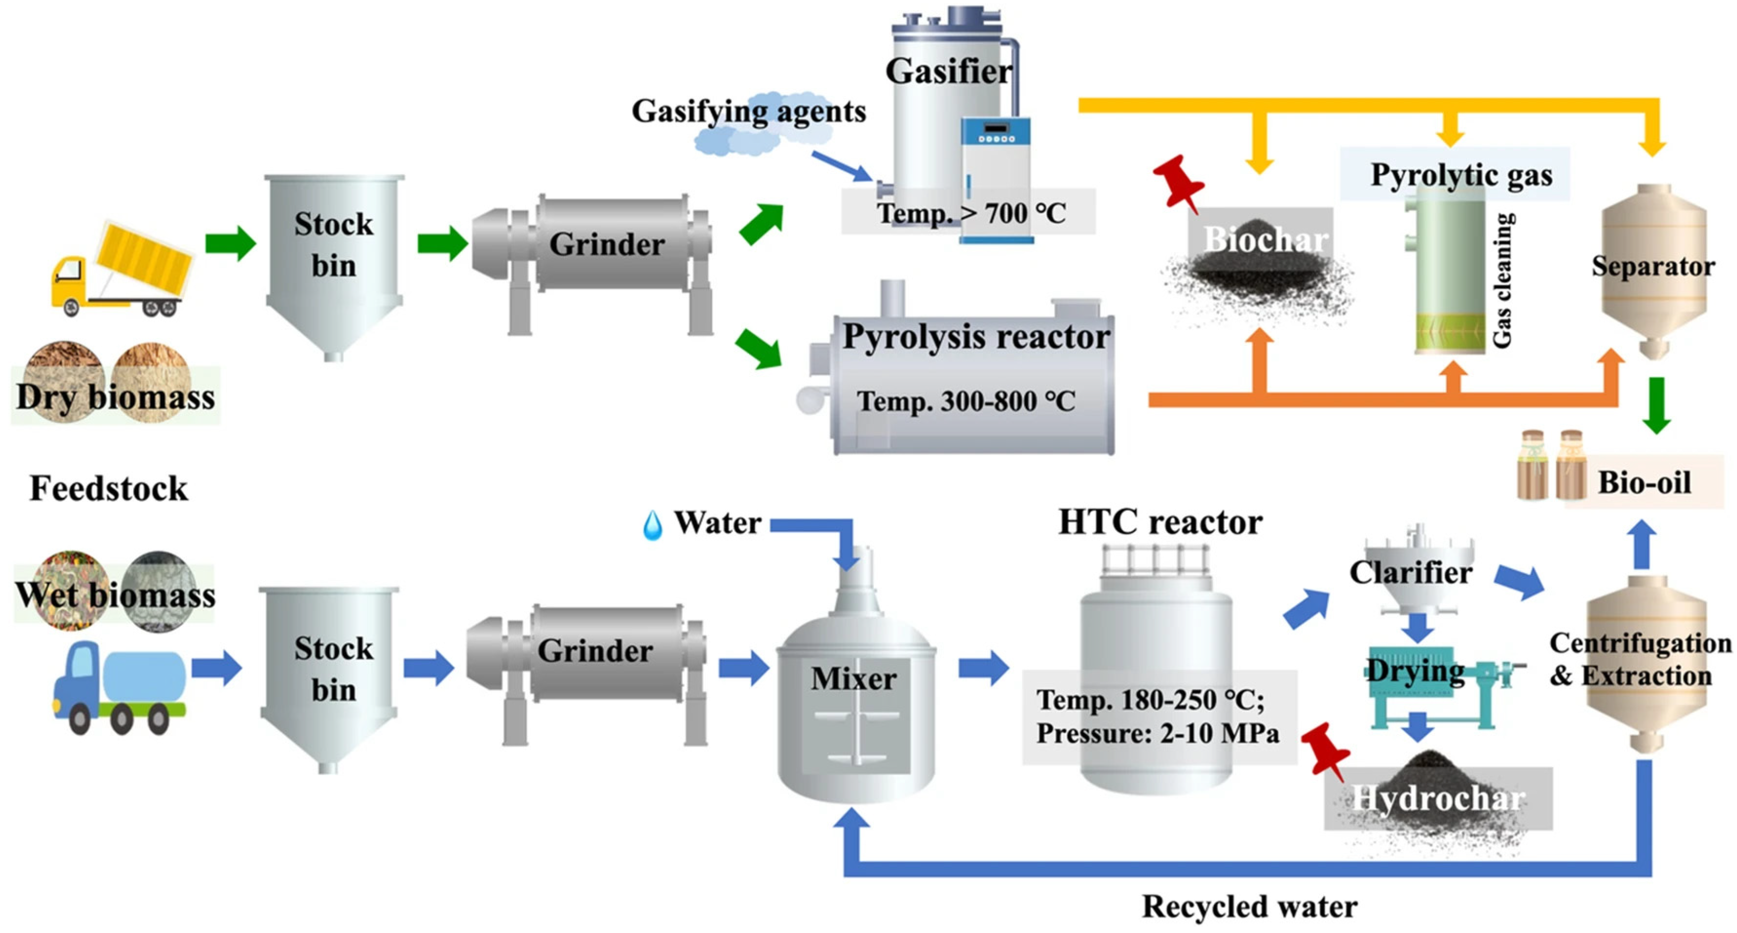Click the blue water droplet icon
(652, 525)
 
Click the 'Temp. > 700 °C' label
(971, 214)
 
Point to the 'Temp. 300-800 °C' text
(965, 401)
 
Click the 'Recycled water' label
(1249, 907)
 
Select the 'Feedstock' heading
(109, 489)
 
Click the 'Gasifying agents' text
(749, 111)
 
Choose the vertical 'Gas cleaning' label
(1502, 280)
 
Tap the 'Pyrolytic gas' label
(1461, 175)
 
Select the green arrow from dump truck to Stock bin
(230, 243)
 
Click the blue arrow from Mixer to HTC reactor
(983, 668)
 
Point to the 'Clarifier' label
(1411, 572)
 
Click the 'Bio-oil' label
(1644, 483)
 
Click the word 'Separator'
(1653, 266)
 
